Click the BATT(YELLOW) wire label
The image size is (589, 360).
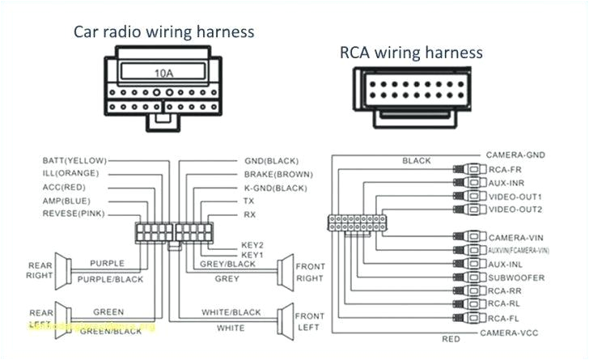[74, 160]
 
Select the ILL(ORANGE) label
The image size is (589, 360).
[70, 173]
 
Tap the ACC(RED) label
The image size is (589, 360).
[64, 187]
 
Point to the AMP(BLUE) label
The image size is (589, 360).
[66, 200]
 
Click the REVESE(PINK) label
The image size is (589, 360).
[74, 214]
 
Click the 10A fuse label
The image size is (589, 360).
[164, 73]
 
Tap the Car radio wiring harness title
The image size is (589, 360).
[164, 32]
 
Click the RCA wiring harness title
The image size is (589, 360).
[411, 53]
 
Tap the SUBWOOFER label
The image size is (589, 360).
[515, 277]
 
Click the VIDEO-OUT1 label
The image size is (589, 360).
[515, 197]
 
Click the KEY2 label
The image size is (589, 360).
[252, 244]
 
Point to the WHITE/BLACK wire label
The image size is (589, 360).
[231, 312]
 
